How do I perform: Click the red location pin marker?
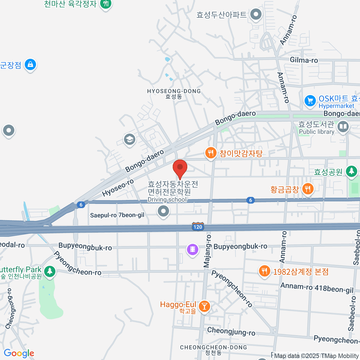[x=180, y=168]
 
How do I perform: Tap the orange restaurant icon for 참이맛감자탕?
[x=211, y=153]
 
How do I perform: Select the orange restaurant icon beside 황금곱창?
[x=308, y=189]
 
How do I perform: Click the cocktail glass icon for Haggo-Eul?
[x=205, y=306]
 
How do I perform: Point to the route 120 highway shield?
[x=198, y=227]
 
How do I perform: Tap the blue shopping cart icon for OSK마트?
[x=310, y=100]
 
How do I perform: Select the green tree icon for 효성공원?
[x=351, y=171]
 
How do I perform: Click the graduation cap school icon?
[x=130, y=139]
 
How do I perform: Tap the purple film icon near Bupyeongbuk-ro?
[x=193, y=249]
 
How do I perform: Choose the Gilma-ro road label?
[x=304, y=60]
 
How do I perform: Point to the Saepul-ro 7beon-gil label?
[x=117, y=215]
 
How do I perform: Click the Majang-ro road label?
[x=207, y=251]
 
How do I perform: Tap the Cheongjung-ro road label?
[x=231, y=331]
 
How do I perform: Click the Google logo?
[x=19, y=353]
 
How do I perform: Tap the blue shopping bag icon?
[x=30, y=64]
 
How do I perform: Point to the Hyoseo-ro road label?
[x=118, y=188]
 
